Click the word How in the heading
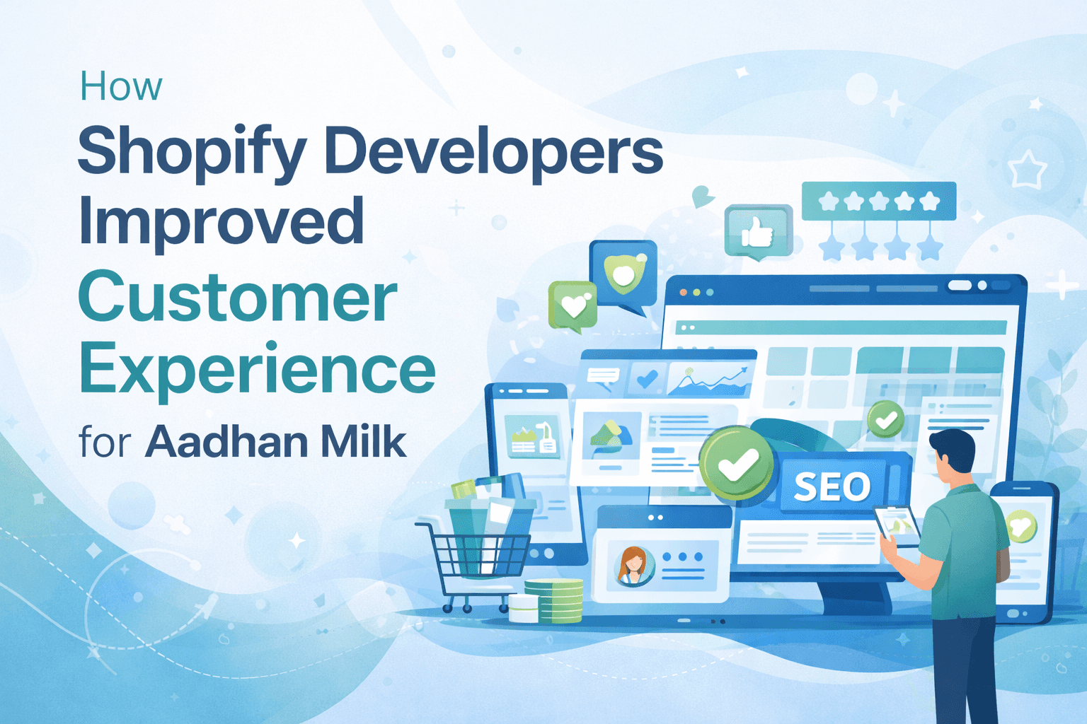point(121,87)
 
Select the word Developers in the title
point(494,151)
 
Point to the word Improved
point(222,221)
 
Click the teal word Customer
point(238,297)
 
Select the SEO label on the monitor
point(832,486)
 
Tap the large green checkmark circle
point(736,463)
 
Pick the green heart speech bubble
point(573,306)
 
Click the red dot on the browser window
point(684,292)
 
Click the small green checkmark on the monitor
point(885,419)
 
